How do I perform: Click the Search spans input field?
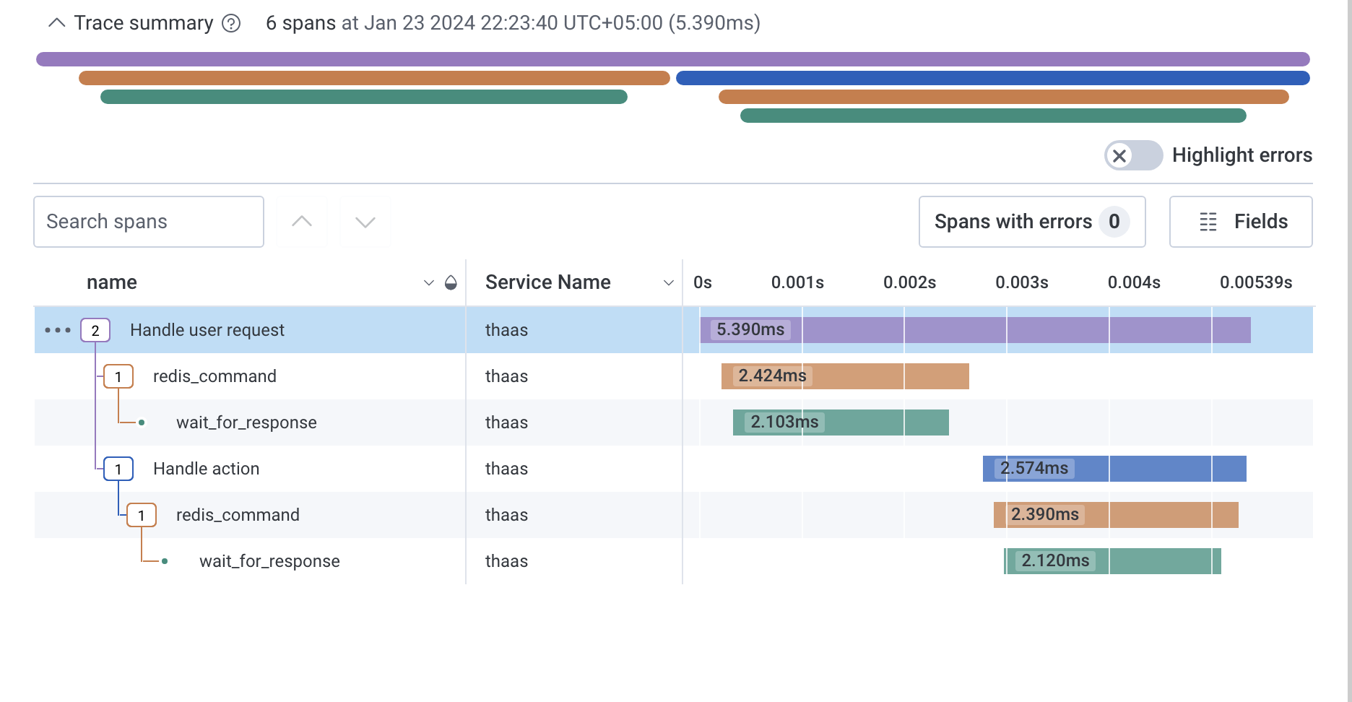148,222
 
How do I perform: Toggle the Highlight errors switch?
1132,155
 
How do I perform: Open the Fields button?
1240,222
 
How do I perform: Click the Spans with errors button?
1031,222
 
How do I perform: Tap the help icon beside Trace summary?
231,24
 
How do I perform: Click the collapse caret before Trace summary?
56,23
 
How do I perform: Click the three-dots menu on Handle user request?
58,330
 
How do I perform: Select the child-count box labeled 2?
95,330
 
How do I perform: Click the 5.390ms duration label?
750,329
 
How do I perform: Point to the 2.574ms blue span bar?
1156,469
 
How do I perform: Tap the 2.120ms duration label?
1055,560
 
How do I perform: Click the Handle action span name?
206,469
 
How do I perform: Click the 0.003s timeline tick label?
1021,282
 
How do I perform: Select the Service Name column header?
547,282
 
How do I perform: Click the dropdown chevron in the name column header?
428,282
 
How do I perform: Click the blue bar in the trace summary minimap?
992,78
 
